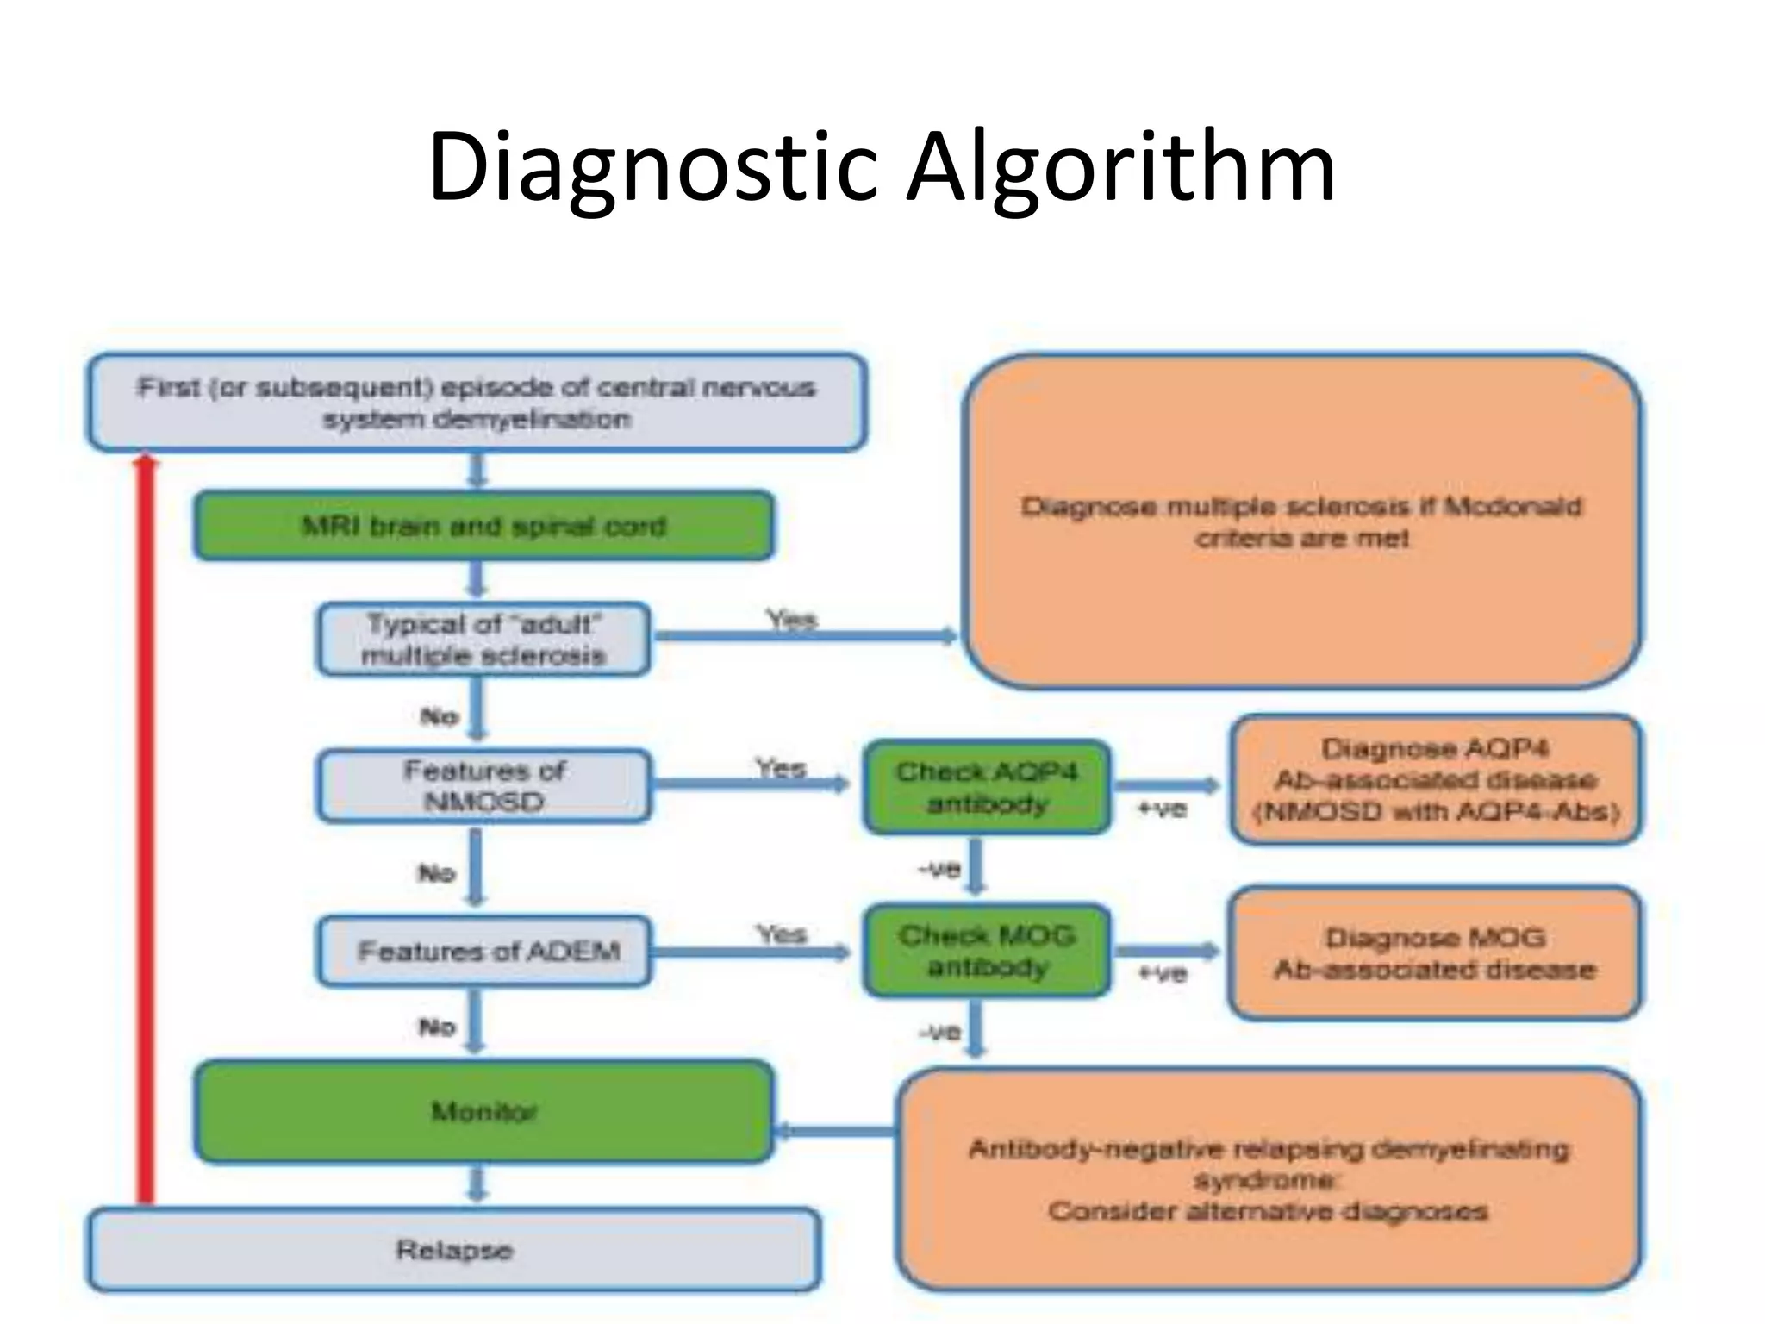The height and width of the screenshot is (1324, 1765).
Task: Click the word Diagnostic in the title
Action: [652, 168]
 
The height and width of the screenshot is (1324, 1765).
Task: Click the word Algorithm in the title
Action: [1120, 168]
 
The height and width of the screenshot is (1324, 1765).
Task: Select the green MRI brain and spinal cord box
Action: [483, 526]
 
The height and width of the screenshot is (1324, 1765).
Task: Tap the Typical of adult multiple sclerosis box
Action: [483, 640]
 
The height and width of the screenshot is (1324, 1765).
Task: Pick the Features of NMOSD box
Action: [483, 785]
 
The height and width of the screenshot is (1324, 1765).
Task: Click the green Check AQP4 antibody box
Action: [987, 787]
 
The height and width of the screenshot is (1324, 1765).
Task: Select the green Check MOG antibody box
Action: [987, 951]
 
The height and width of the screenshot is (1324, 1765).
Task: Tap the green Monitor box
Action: [483, 1111]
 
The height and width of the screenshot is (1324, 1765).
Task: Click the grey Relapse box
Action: [453, 1250]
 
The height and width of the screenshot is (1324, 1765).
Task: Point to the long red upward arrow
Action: [147, 827]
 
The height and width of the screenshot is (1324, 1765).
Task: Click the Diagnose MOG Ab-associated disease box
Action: [1435, 953]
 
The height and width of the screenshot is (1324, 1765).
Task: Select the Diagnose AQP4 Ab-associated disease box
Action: [1435, 780]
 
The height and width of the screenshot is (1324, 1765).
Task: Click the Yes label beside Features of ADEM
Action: [782, 934]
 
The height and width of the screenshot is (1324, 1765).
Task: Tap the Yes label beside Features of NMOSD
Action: [781, 768]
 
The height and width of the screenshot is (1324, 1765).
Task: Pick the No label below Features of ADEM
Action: [436, 1027]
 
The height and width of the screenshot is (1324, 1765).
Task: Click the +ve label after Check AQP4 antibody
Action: [1162, 809]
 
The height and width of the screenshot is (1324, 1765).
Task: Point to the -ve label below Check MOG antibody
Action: [939, 1032]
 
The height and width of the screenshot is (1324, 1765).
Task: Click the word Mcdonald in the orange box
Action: [1512, 506]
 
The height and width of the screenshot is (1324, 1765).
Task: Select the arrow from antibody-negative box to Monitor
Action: [836, 1131]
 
